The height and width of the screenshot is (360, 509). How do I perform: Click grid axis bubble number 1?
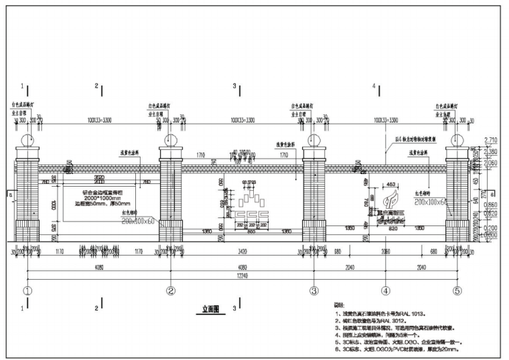click(x=27, y=291)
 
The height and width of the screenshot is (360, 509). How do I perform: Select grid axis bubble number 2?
click(x=171, y=291)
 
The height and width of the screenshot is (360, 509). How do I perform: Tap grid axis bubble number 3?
click(x=313, y=291)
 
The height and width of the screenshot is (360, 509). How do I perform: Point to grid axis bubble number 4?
click(x=386, y=291)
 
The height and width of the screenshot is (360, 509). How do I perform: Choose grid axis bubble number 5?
click(x=458, y=291)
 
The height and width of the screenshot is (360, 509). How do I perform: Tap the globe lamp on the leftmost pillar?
click(x=27, y=141)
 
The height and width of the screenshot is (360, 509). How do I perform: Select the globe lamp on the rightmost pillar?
click(x=458, y=141)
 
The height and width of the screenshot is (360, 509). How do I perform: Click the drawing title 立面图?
click(x=212, y=310)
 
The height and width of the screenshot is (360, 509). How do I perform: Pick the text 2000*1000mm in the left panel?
click(x=98, y=199)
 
